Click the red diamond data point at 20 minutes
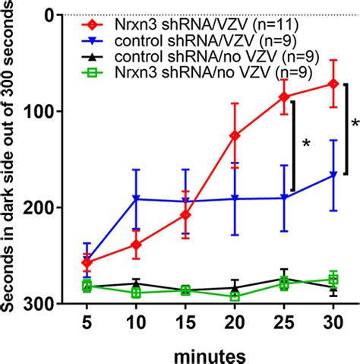235,135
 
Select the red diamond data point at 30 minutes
333,84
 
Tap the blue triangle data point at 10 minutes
136,199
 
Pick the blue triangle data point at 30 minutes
333,176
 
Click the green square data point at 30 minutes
333,279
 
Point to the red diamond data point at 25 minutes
284,97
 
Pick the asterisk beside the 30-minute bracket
354,123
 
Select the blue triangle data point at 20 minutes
235,198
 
